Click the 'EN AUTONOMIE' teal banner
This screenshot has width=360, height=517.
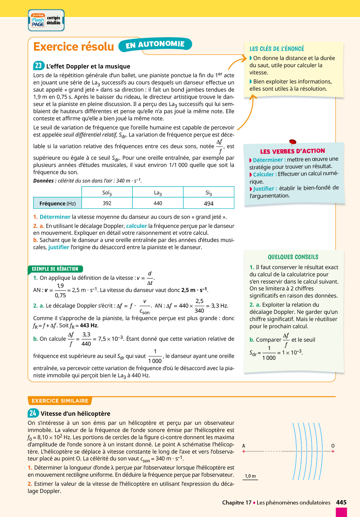155,45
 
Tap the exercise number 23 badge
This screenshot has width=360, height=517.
38,66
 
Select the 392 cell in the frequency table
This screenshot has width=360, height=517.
107,203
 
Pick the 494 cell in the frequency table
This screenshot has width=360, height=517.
208,203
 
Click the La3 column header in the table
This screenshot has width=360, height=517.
158,193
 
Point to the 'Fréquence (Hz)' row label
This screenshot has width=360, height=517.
57,203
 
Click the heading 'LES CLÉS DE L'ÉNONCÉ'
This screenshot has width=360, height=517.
277,49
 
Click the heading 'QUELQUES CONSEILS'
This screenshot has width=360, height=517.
293,257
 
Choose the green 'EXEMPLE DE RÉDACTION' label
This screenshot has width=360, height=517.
55,269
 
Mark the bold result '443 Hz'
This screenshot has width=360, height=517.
89,325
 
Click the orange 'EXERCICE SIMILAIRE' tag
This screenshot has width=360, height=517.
60,401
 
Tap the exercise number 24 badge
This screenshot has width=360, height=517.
33,413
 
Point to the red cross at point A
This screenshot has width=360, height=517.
244,451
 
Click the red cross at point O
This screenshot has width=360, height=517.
333,451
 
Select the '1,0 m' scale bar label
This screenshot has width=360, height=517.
250,476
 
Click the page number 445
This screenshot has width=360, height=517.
341,502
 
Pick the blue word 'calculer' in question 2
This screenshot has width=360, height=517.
137,226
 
